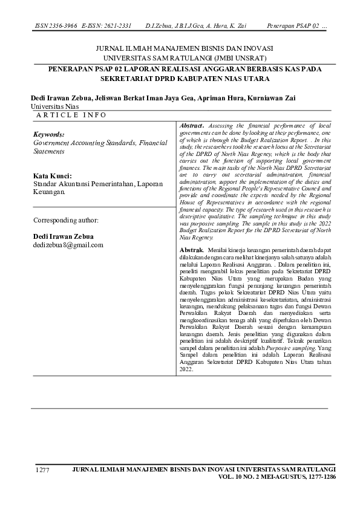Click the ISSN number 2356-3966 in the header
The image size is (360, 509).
pyautogui.click(x=62, y=27)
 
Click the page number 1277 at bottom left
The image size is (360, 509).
pyautogui.click(x=42, y=470)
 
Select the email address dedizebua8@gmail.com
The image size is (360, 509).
pyautogui.click(x=68, y=245)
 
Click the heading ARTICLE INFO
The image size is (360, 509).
pyautogui.click(x=71, y=115)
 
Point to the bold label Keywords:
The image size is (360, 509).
pyautogui.click(x=48, y=134)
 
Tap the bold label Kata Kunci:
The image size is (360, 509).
pyautogui.click(x=52, y=175)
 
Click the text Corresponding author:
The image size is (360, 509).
pyautogui.click(x=65, y=220)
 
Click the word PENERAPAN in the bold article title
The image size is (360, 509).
pyautogui.click(x=68, y=70)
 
